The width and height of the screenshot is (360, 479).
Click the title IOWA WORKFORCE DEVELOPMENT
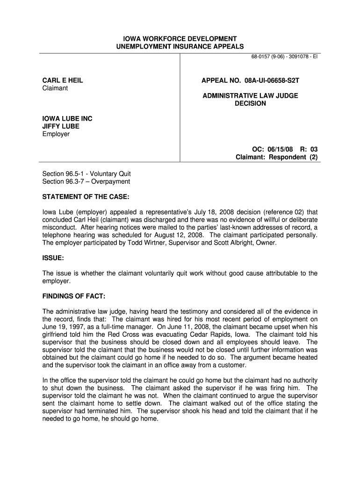(x=180, y=38)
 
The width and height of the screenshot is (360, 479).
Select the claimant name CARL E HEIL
(x=63, y=80)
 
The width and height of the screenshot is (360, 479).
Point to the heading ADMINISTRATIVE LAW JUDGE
(x=250, y=96)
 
